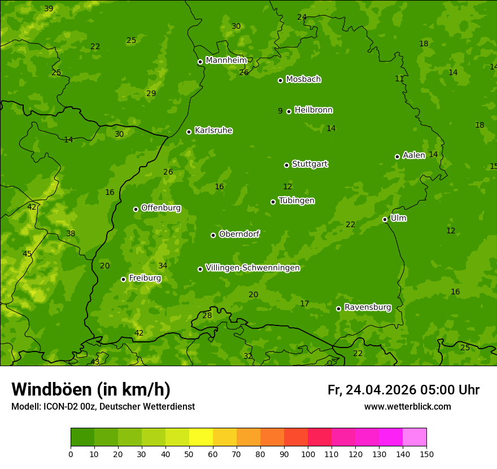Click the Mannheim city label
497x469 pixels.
(226, 60)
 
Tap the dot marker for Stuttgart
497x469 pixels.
(286, 165)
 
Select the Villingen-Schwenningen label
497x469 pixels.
(252, 268)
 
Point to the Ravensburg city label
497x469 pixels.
(368, 307)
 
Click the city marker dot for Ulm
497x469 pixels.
(385, 219)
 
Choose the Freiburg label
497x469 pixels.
(145, 278)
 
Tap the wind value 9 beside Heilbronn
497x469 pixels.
(280, 111)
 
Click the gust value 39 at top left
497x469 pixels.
(49, 8)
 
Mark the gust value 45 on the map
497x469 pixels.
(27, 254)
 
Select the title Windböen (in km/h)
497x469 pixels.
(91, 389)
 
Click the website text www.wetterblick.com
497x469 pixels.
(407, 406)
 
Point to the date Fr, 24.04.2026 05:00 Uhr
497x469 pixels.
(403, 390)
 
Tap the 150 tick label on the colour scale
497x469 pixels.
(426, 454)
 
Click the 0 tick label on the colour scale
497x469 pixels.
(71, 454)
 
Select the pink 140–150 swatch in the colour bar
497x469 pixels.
(415, 437)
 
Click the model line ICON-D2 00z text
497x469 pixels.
(103, 406)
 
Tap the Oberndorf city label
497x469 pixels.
(239, 234)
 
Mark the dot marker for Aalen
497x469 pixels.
(397, 157)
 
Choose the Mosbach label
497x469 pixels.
(303, 79)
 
